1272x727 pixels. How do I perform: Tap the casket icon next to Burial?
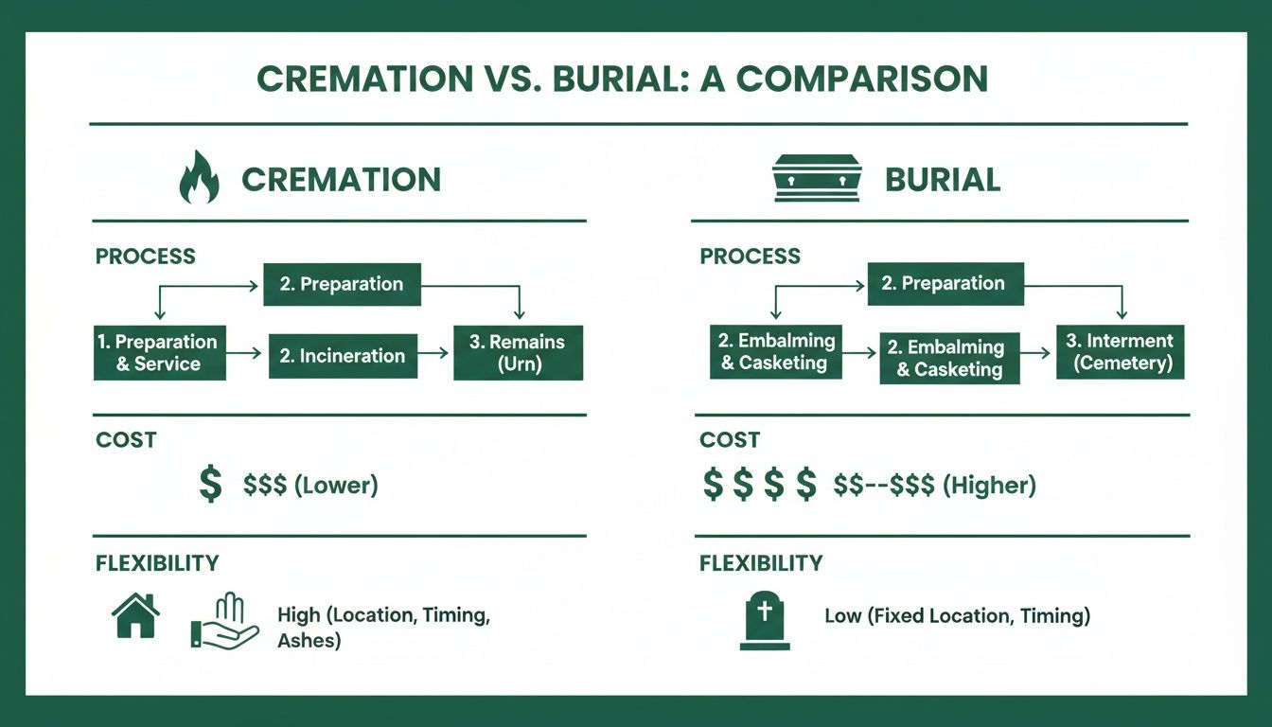coord(816,178)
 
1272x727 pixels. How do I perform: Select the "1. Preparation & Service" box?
coord(159,353)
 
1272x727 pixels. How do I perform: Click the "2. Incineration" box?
coord(343,356)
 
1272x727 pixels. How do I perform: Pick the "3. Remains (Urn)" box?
coord(518,353)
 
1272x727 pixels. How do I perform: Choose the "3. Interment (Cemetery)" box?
coord(1120,351)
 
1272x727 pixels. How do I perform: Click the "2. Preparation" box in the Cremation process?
coord(342,284)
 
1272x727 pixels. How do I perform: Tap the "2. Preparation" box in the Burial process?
coord(944,283)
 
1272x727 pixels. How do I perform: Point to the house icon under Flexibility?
coord(135,616)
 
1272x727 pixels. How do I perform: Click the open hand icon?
coord(224,622)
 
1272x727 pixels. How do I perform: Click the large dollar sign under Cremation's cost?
coord(211,485)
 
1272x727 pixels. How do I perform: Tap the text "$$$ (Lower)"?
coord(310,486)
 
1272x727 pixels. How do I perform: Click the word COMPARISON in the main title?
coord(861,80)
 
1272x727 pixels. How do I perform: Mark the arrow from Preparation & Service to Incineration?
coord(247,353)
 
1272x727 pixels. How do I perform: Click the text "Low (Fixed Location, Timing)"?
coord(957,616)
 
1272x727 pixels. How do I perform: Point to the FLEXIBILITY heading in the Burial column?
coord(760,564)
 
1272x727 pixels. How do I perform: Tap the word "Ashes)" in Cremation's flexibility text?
coord(309,641)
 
